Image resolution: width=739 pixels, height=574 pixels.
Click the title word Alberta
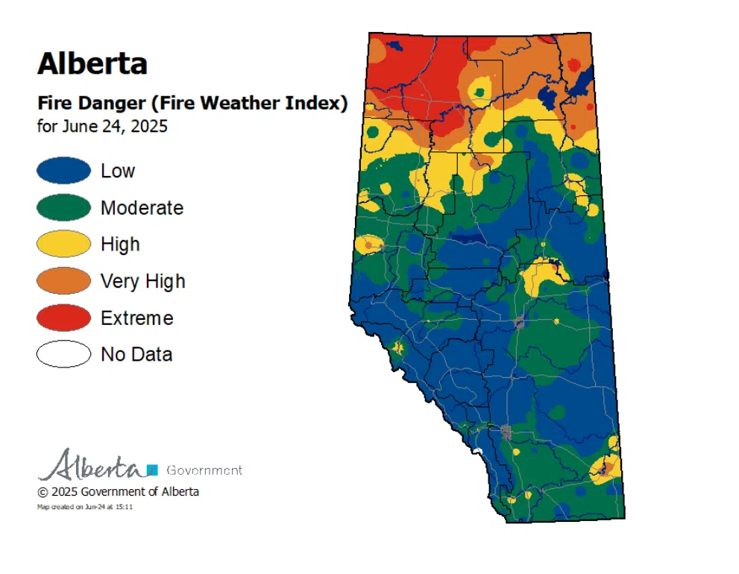tap(92, 64)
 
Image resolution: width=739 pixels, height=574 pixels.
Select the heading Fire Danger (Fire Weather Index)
tap(192, 104)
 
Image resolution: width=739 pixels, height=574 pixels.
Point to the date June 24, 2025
tap(102, 126)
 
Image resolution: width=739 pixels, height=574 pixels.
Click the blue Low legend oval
tap(63, 171)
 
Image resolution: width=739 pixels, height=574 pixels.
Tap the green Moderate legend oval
tap(63, 208)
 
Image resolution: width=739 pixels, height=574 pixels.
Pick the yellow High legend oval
tap(63, 245)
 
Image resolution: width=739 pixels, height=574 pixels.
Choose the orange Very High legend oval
tap(63, 281)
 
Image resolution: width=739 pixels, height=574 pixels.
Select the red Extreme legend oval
tap(63, 318)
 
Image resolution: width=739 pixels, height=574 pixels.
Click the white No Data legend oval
tap(63, 354)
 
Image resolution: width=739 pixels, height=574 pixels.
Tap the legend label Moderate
tap(142, 208)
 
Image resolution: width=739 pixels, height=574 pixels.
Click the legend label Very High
tap(142, 281)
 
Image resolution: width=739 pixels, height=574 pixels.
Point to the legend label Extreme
tap(136, 318)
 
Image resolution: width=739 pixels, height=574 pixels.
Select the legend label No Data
tap(136, 354)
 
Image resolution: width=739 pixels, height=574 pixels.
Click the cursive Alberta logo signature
tap(91, 466)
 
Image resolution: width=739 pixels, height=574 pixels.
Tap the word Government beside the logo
tap(204, 470)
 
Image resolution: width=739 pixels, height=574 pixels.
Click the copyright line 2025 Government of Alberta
tap(118, 492)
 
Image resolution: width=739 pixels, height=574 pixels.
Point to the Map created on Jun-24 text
tap(85, 507)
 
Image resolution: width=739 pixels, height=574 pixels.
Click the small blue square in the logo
tap(152, 470)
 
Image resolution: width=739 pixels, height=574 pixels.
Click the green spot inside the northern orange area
tap(479, 92)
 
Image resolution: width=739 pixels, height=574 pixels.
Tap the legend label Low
tap(118, 171)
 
